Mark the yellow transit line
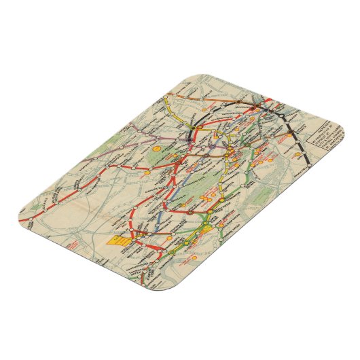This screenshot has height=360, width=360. pos(178,112)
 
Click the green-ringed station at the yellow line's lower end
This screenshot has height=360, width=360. pos(162,257)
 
